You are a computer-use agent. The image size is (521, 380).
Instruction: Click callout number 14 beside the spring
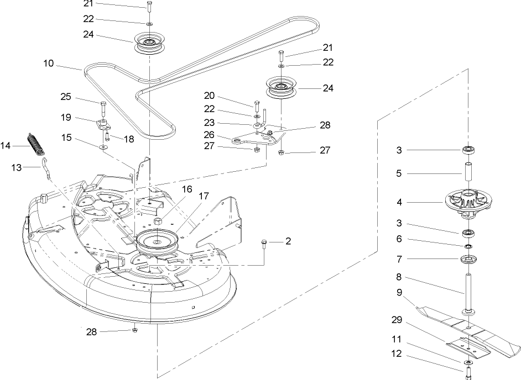[6, 145]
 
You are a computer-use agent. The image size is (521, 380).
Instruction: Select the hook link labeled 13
[47, 167]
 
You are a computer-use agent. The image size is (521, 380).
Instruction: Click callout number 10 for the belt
[48, 64]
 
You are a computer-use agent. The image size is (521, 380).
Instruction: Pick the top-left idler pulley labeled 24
[149, 44]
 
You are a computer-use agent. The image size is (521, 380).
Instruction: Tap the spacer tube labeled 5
[468, 173]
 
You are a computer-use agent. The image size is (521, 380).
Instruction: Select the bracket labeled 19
[103, 122]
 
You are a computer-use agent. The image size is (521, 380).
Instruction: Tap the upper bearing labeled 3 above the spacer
[468, 150]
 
